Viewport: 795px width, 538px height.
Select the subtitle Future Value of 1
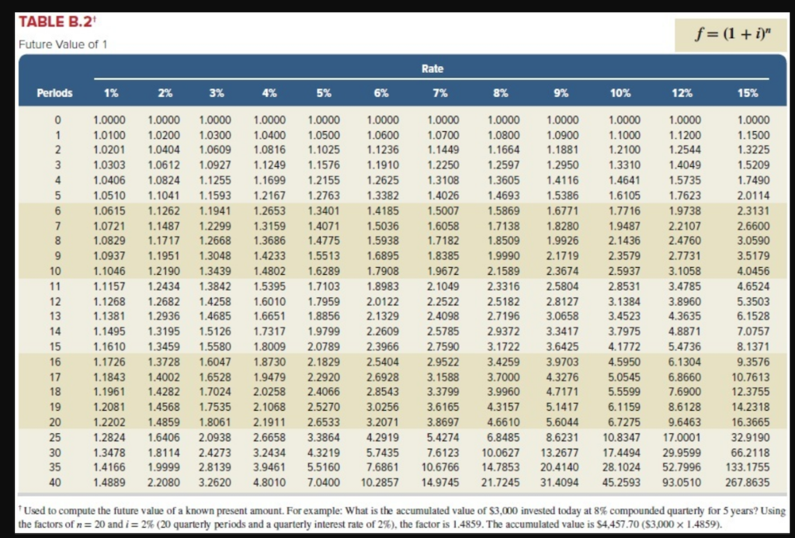click(x=63, y=43)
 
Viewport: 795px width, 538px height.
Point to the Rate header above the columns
click(x=432, y=69)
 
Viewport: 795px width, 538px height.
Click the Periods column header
click(x=55, y=93)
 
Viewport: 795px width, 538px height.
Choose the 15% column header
click(x=748, y=93)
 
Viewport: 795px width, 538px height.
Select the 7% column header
click(x=439, y=93)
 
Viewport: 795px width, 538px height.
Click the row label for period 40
click(x=55, y=482)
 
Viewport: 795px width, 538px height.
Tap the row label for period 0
click(x=57, y=120)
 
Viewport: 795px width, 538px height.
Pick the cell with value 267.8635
click(x=748, y=482)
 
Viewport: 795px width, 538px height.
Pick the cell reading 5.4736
click(x=683, y=347)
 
